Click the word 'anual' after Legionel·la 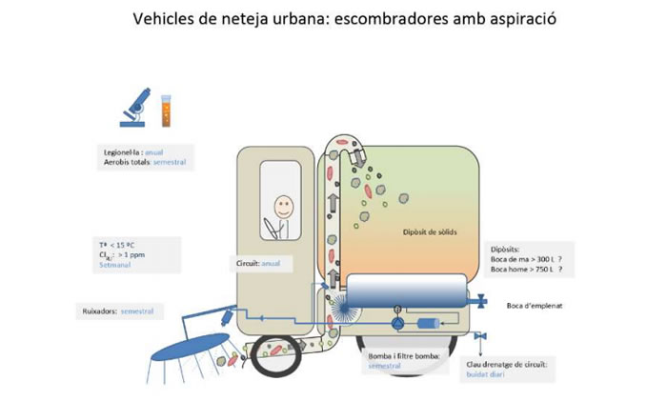point(156,151)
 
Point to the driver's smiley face point(283,205)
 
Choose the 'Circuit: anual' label point(258,263)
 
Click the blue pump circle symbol point(397,324)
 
